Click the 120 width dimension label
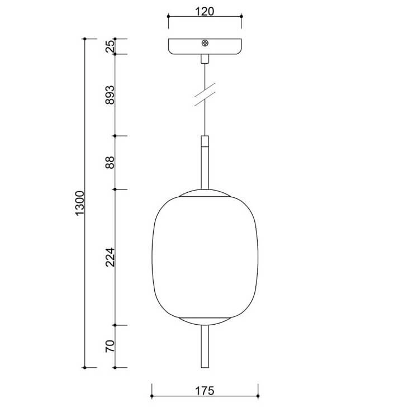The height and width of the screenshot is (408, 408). pyautogui.click(x=205, y=11)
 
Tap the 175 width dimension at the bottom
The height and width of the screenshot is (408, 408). pyautogui.click(x=205, y=391)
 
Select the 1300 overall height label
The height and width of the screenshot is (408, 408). pyautogui.click(x=79, y=203)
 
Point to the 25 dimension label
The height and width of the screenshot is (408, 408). pyautogui.click(x=110, y=46)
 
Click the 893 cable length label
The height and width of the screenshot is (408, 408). pyautogui.click(x=110, y=94)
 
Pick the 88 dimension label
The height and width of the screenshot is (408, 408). pyautogui.click(x=110, y=163)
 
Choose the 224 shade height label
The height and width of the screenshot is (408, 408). pyautogui.click(x=110, y=257)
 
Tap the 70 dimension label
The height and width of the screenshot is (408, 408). pyautogui.click(x=110, y=346)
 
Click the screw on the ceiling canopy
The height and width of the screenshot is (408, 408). pyautogui.click(x=205, y=43)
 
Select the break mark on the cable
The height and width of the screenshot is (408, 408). pyautogui.click(x=205, y=94)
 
